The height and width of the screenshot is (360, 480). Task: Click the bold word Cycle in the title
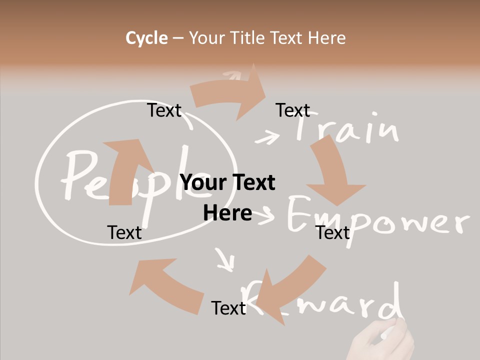pyautogui.click(x=146, y=38)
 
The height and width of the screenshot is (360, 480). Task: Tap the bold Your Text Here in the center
pyautogui.click(x=227, y=197)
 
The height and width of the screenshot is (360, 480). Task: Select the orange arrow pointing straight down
pyautogui.click(x=333, y=172)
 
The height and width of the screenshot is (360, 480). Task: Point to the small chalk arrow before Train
pyautogui.click(x=267, y=136)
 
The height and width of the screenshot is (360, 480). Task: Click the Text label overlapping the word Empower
pyautogui.click(x=332, y=232)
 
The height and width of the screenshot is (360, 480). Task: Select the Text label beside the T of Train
pyautogui.click(x=292, y=110)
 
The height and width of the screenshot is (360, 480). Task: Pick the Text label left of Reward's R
pyautogui.click(x=228, y=308)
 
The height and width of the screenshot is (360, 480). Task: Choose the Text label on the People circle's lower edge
pyautogui.click(x=124, y=232)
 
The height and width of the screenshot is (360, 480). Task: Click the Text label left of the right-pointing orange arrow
pyautogui.click(x=164, y=110)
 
